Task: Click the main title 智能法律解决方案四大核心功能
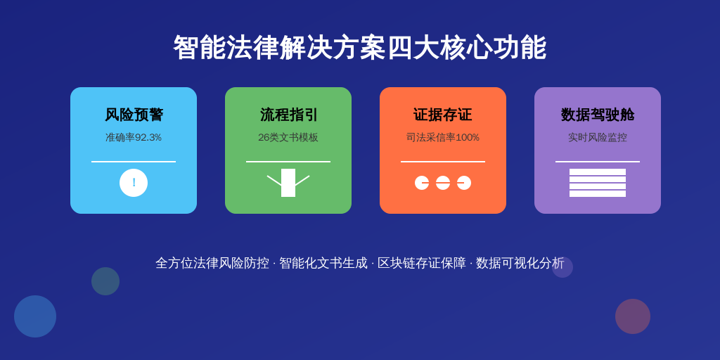click(x=359, y=47)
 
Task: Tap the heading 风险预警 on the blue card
click(x=134, y=115)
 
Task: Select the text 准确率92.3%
click(x=134, y=137)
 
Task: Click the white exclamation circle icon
click(x=134, y=183)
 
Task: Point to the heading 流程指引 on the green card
click(x=288, y=115)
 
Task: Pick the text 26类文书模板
click(x=288, y=137)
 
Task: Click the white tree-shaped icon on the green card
click(x=288, y=183)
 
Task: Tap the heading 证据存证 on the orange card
click(x=443, y=115)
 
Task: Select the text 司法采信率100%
click(x=443, y=137)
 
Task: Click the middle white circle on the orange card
click(x=443, y=183)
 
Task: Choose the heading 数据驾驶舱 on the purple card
click(x=598, y=115)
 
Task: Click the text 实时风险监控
click(x=598, y=137)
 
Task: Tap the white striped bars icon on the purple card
click(x=598, y=183)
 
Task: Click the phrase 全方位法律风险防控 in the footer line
click(x=212, y=263)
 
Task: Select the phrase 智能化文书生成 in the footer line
click(x=323, y=263)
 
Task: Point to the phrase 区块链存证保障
click(x=422, y=263)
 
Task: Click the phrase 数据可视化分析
click(x=520, y=263)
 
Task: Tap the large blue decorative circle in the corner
click(x=35, y=316)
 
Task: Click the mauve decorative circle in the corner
click(x=633, y=316)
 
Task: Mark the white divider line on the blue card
click(x=134, y=162)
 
